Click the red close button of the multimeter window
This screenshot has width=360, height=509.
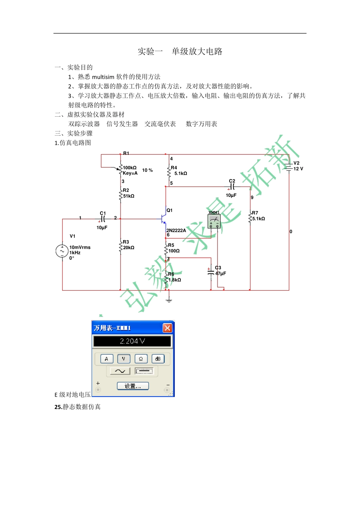coord(167,328)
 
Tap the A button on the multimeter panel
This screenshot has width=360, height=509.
coord(106,359)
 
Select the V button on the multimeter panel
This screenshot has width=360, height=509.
coord(124,359)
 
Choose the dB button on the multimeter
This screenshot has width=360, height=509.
coord(158,359)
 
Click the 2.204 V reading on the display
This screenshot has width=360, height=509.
coord(132,341)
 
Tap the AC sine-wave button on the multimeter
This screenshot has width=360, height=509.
coord(120,371)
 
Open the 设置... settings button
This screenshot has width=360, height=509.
coord(133,386)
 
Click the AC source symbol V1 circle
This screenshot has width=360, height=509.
coord(62,251)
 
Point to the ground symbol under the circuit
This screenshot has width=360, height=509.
coord(169,300)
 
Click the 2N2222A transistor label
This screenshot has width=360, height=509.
coord(176,230)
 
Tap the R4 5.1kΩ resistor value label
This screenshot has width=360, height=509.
coord(181,173)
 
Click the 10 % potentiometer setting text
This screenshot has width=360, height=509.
coord(147,170)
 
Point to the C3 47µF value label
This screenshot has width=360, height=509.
coord(221,273)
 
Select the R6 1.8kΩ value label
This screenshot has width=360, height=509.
coord(175,280)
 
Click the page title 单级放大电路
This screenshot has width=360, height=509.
coord(197,52)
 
